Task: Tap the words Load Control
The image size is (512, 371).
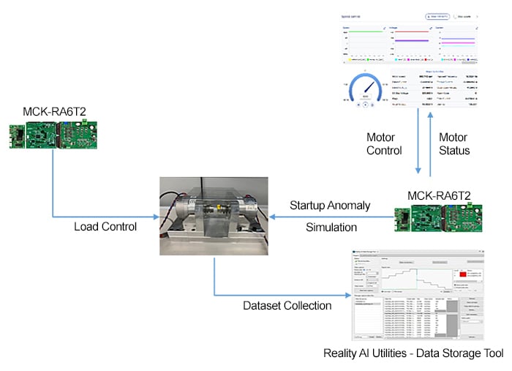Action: click(x=105, y=226)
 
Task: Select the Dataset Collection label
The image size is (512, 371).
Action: click(x=288, y=305)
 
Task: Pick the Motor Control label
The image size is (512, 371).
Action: click(x=385, y=144)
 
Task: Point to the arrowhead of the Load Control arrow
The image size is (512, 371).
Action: click(x=156, y=216)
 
